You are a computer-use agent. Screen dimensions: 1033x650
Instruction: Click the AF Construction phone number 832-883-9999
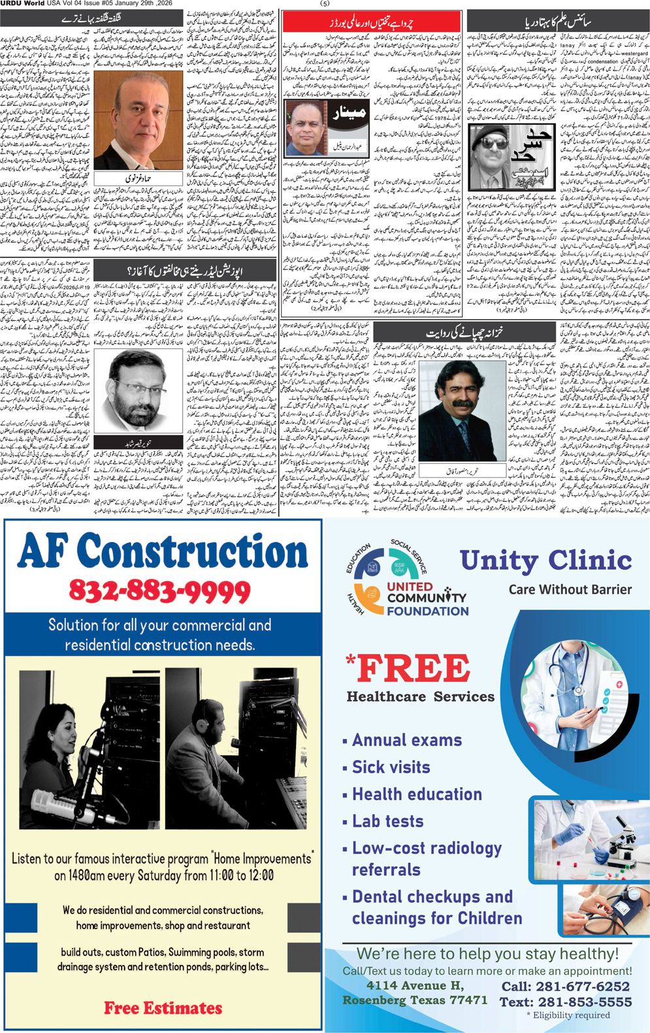tap(159, 591)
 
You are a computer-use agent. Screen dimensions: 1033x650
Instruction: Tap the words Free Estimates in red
tap(163, 1008)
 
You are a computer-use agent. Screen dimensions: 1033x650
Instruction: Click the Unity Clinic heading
tap(545, 561)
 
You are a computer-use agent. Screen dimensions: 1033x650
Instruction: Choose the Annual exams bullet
tap(406, 740)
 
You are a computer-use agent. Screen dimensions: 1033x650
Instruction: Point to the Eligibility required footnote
tap(568, 1015)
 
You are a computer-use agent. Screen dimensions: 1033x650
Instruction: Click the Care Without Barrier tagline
tap(570, 589)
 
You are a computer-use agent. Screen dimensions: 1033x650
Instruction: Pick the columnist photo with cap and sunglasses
tap(487, 154)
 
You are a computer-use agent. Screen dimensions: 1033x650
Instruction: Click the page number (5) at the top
tap(325, 4)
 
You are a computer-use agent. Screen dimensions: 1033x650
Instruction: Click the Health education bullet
tap(417, 795)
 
